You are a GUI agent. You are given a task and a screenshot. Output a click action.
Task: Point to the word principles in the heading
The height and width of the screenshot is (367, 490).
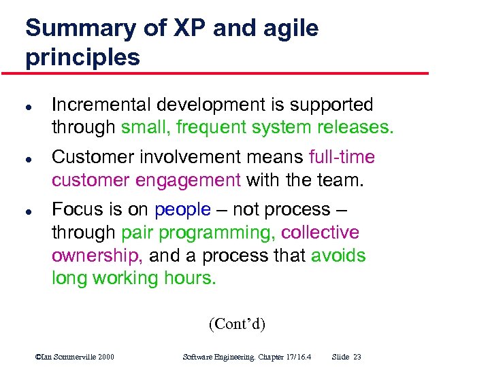point(82,57)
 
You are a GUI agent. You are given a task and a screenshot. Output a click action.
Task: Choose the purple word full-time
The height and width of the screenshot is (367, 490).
point(342,157)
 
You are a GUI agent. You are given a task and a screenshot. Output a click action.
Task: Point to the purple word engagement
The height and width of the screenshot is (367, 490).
point(197,180)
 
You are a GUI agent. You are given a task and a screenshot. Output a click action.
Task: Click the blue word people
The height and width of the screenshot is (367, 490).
point(182,209)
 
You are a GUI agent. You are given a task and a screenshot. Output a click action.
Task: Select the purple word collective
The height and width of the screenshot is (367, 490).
point(320,232)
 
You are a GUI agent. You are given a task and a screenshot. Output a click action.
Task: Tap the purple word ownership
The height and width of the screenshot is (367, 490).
point(97,256)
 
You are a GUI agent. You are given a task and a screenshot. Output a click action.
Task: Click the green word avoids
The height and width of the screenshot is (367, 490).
point(338,256)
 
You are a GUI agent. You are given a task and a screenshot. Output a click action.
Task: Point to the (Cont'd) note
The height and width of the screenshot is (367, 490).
point(237,324)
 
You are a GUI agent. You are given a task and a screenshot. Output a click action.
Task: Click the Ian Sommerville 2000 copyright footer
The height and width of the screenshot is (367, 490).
point(75,357)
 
